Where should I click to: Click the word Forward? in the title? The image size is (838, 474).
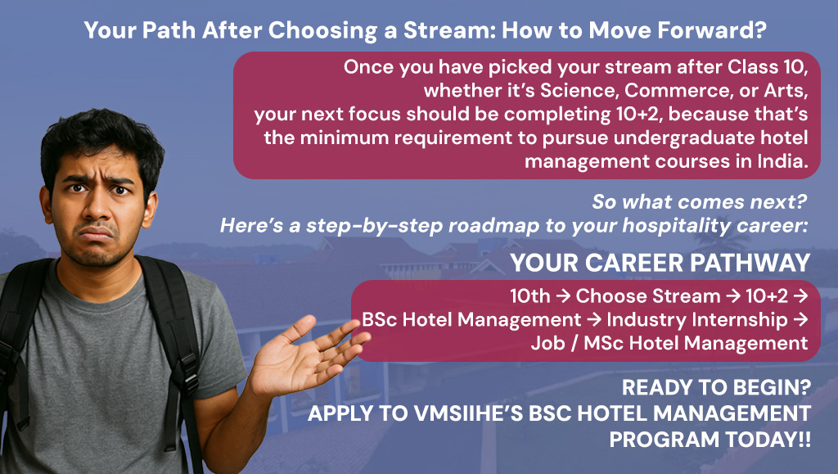tap(712, 30)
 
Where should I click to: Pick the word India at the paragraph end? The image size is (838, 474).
tap(782, 161)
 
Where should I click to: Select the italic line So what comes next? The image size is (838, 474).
tap(699, 202)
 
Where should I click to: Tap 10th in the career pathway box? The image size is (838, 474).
tap(530, 296)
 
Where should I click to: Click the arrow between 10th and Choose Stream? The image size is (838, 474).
tap(563, 296)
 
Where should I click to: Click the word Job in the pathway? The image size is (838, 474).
tap(547, 343)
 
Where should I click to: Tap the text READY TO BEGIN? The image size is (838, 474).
tap(716, 387)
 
